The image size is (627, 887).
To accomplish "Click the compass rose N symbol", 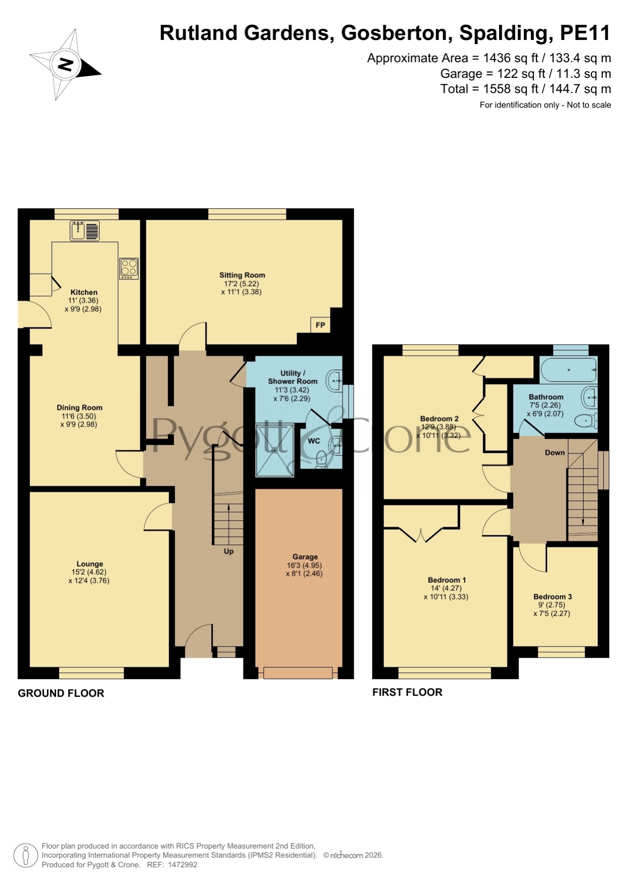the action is pyautogui.click(x=65, y=64).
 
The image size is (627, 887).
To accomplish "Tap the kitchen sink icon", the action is pyautogui.click(x=84, y=231).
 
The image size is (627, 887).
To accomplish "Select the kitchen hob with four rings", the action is pyautogui.click(x=129, y=268).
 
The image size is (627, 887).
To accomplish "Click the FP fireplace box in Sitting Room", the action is pyautogui.click(x=320, y=325).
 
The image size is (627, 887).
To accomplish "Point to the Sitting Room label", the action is pyautogui.click(x=242, y=275).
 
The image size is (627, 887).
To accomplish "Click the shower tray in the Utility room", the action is pyautogui.click(x=275, y=450).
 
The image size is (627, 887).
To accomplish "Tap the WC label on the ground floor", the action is pyautogui.click(x=314, y=441).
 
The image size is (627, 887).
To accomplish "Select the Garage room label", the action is pyautogui.click(x=305, y=556).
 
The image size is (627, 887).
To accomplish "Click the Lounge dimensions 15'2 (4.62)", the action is pyautogui.click(x=89, y=572).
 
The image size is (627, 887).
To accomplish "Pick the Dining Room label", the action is pyautogui.click(x=79, y=407).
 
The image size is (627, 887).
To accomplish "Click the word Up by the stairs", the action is pyautogui.click(x=229, y=551).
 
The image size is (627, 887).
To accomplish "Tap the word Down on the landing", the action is pyautogui.click(x=555, y=452).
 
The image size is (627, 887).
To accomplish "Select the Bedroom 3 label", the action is pyautogui.click(x=553, y=596).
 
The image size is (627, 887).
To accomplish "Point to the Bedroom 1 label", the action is pyautogui.click(x=447, y=580).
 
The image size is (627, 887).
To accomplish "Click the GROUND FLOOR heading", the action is pyautogui.click(x=61, y=693).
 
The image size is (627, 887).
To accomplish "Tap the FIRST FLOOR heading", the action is pyautogui.click(x=407, y=692).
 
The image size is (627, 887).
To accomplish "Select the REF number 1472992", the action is pyautogui.click(x=182, y=865).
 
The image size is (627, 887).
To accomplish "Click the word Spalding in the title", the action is pyautogui.click(x=503, y=33).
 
